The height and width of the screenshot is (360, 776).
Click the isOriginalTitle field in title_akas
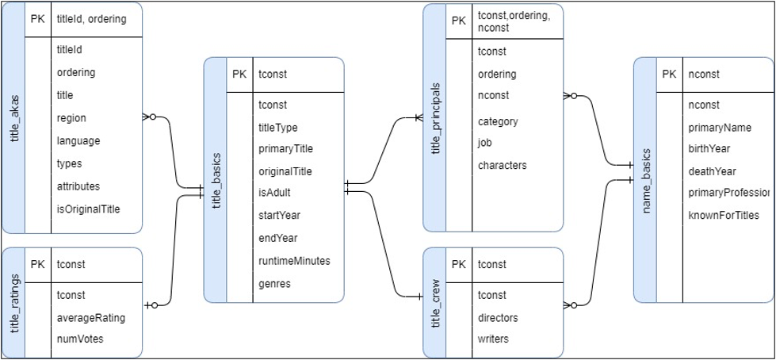(x=88, y=209)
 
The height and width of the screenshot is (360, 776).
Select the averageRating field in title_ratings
(x=90, y=318)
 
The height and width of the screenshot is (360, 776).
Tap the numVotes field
(x=79, y=339)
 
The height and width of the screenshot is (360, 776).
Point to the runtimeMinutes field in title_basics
(x=294, y=261)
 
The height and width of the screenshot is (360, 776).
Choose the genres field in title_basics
(x=274, y=283)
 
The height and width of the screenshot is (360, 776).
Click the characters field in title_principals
(x=502, y=166)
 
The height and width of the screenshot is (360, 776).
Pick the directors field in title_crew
(x=498, y=318)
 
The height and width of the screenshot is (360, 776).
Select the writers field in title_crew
(x=493, y=339)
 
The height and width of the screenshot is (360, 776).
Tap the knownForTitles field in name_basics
(x=724, y=215)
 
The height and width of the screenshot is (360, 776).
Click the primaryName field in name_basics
(x=720, y=128)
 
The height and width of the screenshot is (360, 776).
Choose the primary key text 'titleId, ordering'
(x=91, y=19)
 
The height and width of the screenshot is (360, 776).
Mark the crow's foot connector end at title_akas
(x=148, y=117)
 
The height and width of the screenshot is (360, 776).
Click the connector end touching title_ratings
(x=151, y=304)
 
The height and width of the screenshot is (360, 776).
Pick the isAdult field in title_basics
(x=274, y=192)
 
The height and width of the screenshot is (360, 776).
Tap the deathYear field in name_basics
(x=713, y=171)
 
